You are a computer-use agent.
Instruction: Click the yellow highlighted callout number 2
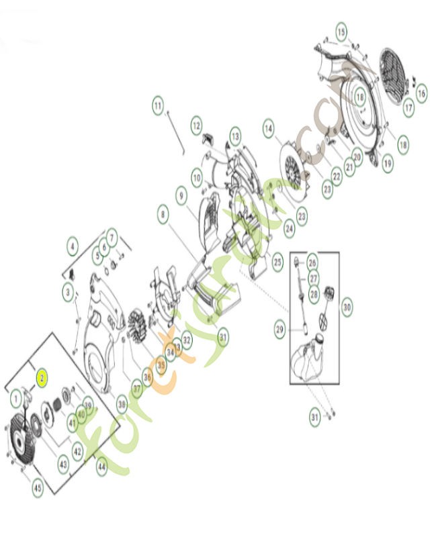42,378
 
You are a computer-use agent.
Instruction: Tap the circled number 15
341,32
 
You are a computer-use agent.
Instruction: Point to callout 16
421,95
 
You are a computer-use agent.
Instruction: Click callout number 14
269,128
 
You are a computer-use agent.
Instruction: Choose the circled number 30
347,307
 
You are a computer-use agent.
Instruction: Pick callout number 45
38,488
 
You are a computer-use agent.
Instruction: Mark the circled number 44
101,468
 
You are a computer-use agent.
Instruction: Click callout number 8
163,216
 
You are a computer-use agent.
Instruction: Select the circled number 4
72,246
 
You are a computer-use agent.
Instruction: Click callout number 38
122,405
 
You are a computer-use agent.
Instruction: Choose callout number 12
196,125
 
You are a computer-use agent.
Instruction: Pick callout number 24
289,228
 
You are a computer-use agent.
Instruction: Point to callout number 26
312,261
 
